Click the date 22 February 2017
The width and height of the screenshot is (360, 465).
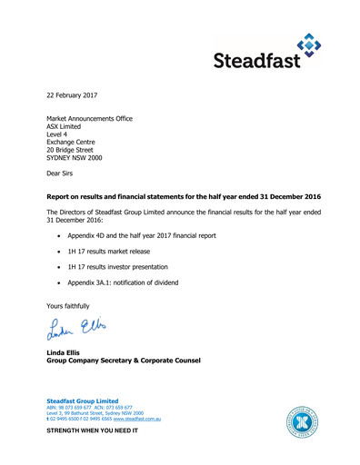point(72,94)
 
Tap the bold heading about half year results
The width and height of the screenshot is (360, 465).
point(183,196)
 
